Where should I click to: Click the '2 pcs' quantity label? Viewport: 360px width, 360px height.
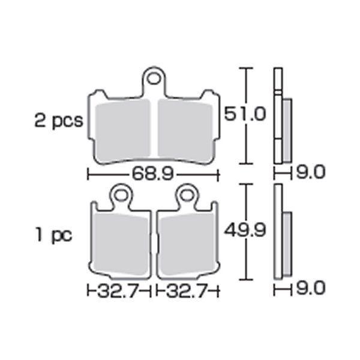(59, 121)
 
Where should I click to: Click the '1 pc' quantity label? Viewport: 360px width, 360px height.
(53, 235)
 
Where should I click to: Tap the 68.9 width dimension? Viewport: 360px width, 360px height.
(152, 173)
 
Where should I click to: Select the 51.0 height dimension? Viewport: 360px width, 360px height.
(245, 113)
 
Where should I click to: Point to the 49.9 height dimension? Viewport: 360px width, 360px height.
(245, 230)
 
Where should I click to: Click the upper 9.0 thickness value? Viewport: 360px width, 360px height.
(311, 172)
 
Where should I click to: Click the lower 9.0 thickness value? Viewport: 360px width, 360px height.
(311, 288)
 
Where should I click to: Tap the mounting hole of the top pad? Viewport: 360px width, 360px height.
(154, 79)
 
